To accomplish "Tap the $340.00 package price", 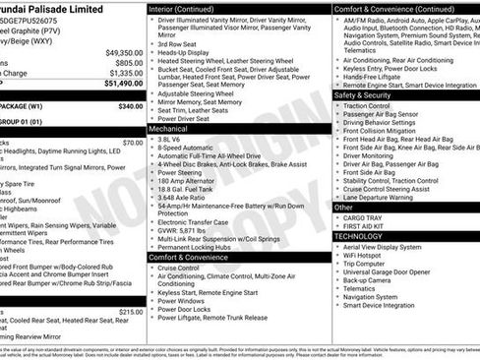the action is pyautogui.click(x=130, y=105).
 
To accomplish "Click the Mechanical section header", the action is pyautogui.click(x=168, y=129).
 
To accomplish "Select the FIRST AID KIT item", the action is pyautogui.click(x=367, y=226).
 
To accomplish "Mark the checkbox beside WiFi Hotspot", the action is pyautogui.click(x=337, y=256).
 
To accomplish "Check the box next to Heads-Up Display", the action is pyautogui.click(x=151, y=53).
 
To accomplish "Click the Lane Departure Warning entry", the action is pyautogui.click(x=390, y=197).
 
